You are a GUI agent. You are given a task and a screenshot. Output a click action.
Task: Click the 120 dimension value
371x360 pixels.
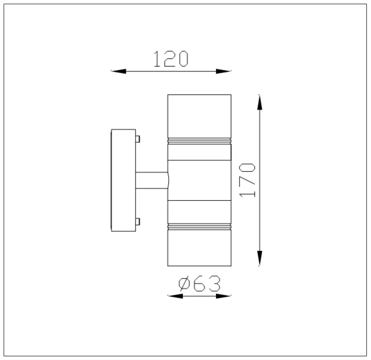point(171,59)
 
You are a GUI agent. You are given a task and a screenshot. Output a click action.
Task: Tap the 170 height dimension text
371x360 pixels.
point(247,180)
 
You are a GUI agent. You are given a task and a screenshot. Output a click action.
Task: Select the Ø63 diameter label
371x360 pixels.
point(200,283)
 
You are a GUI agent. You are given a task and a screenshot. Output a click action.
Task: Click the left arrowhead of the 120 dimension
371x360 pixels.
point(118,71)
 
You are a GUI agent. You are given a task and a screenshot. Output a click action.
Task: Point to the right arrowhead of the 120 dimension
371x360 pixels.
point(224,71)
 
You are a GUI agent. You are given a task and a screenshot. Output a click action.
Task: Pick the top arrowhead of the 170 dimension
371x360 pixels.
point(260,102)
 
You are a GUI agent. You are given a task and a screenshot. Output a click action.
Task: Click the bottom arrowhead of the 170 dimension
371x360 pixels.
point(260,259)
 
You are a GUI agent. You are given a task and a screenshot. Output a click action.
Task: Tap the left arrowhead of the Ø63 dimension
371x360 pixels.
point(175,296)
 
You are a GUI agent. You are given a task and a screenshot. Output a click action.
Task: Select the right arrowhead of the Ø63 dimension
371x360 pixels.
point(224,296)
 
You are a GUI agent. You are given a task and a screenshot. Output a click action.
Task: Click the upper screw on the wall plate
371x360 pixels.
point(138,139)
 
